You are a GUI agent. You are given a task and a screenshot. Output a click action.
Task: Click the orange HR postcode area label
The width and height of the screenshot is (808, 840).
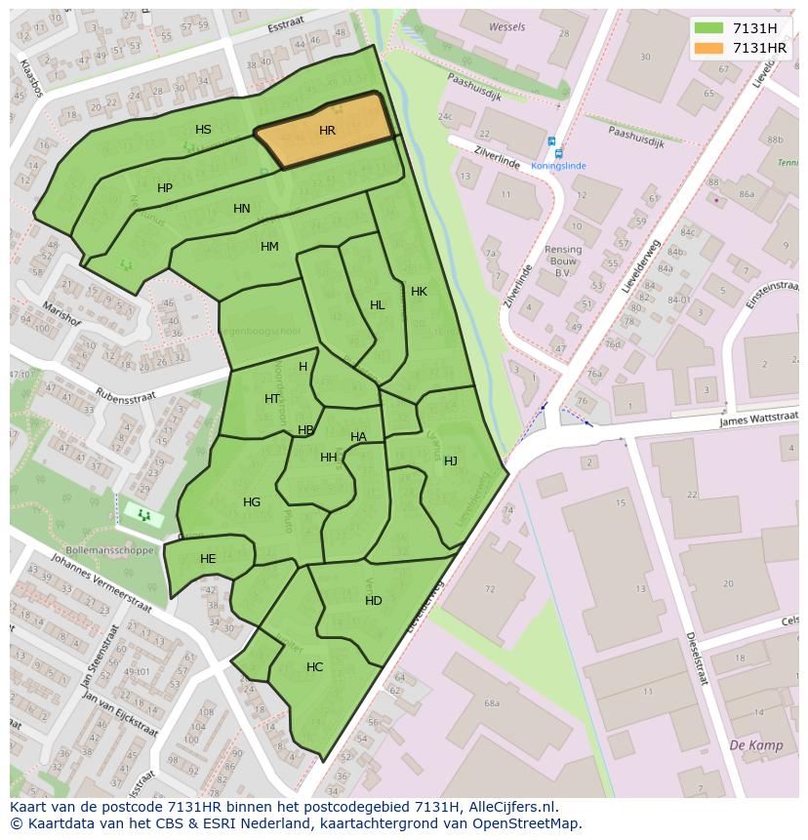point(327,131)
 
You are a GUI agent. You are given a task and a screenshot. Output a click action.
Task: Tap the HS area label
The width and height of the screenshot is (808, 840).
point(203,130)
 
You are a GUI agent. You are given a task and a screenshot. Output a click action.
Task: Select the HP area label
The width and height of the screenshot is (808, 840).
point(165,188)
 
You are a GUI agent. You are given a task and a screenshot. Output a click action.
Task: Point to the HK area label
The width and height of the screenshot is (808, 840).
point(419,292)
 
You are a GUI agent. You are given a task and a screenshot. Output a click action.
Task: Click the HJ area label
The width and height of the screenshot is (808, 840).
point(451,461)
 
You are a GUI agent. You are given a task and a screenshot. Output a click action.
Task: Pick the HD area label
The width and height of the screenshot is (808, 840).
point(374,601)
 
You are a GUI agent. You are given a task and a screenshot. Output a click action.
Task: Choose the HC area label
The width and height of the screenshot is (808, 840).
point(314,667)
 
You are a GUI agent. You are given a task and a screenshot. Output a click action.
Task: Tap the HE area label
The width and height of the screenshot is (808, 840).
point(208,559)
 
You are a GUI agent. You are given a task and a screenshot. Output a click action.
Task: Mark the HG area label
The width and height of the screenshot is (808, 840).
point(252,502)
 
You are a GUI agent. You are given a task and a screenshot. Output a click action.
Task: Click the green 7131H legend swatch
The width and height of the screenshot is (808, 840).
point(708,28)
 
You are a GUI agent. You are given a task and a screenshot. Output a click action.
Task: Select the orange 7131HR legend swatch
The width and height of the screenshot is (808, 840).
point(708,48)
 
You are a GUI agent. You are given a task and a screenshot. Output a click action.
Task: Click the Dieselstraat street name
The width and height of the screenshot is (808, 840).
point(695,657)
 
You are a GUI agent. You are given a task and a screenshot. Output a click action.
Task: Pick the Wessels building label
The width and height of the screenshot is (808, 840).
point(506,27)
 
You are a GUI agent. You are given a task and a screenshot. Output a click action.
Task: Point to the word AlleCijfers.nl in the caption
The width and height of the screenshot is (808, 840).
point(511,807)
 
